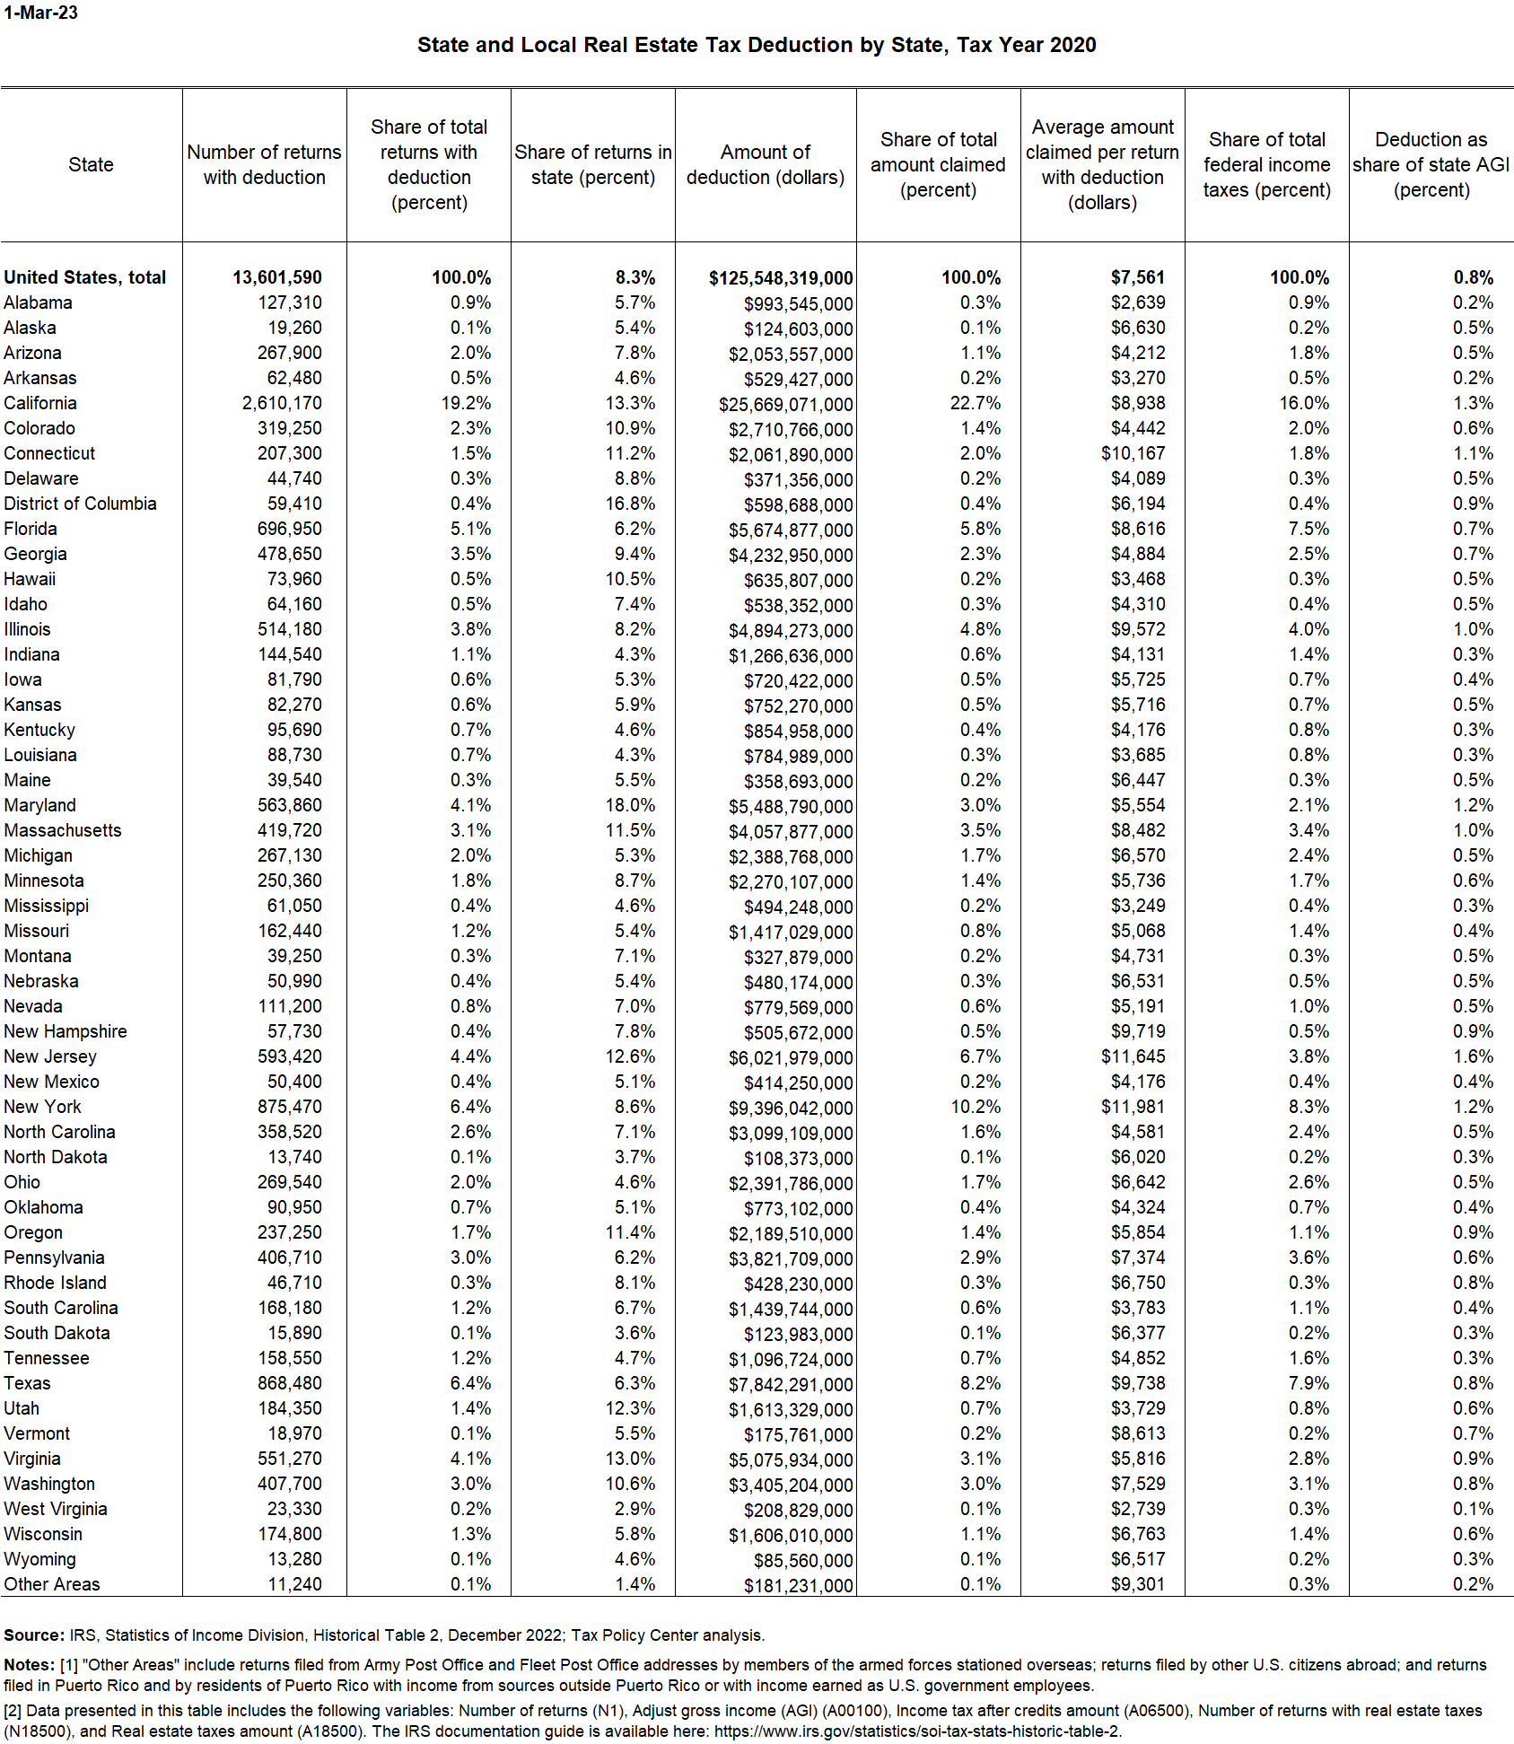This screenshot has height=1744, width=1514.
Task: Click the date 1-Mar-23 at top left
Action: click(x=40, y=13)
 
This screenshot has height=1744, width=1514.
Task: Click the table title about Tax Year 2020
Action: click(x=756, y=46)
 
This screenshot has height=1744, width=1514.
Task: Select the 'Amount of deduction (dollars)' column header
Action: click(x=766, y=165)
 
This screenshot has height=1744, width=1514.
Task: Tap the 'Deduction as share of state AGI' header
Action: click(x=1431, y=165)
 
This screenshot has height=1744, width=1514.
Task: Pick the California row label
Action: click(x=40, y=403)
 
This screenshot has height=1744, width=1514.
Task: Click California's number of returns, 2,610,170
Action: click(x=281, y=403)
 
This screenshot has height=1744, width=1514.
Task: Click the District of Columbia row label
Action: click(x=80, y=504)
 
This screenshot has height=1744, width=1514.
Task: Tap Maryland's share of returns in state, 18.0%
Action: click(x=630, y=805)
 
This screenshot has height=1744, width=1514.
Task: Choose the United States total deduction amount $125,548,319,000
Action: click(x=780, y=278)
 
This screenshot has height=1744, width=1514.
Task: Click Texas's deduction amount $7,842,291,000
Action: click(x=790, y=1384)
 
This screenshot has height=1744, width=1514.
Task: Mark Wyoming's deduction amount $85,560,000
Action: click(x=802, y=1560)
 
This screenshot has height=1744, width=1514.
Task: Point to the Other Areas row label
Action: click(x=52, y=1584)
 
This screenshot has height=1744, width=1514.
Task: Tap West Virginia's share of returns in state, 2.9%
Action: click(x=634, y=1509)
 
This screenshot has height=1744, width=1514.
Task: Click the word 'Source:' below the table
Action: click(x=34, y=1635)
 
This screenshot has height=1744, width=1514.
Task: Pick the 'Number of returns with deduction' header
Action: click(x=264, y=165)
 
